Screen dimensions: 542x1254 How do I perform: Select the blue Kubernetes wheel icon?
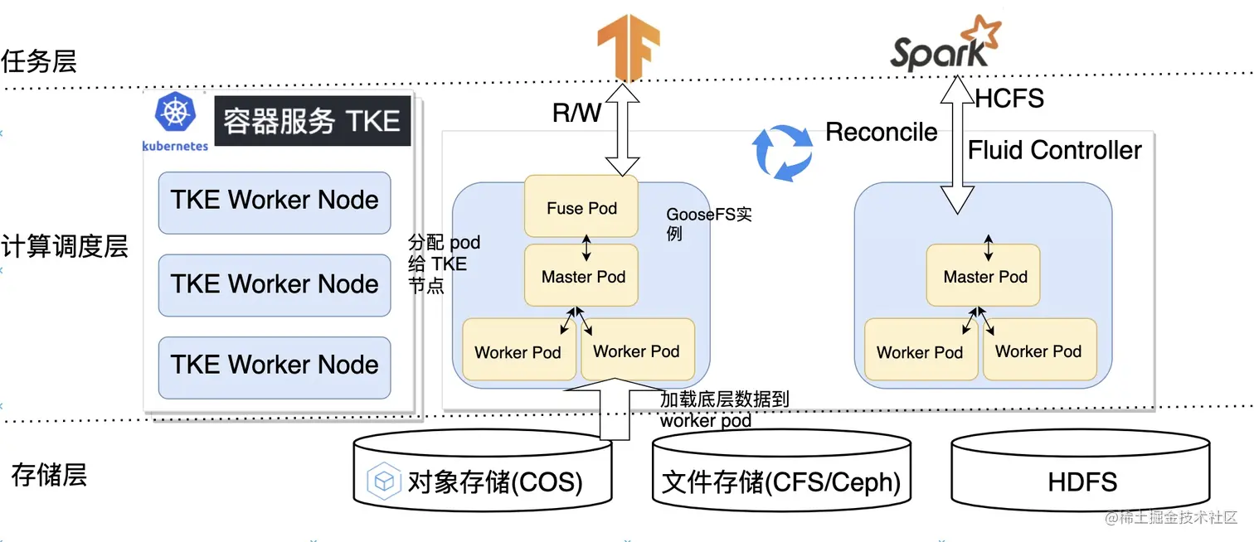click(175, 113)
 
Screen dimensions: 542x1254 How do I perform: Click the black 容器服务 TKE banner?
click(312, 121)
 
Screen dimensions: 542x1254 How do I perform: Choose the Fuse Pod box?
click(581, 208)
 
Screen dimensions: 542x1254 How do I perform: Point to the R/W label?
click(577, 114)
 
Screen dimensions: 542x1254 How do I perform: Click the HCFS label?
click(1009, 99)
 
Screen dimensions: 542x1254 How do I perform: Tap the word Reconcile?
click(882, 132)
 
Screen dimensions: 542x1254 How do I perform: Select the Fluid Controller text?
click(1055, 150)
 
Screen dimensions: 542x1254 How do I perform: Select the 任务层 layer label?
click(39, 61)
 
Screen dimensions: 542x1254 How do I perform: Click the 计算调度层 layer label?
click(65, 246)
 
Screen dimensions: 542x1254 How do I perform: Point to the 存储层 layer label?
click(49, 476)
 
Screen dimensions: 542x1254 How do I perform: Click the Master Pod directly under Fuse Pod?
click(582, 277)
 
